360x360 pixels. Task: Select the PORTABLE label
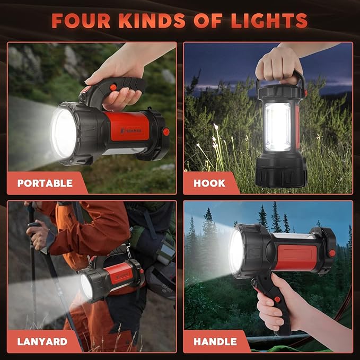tap(45, 183)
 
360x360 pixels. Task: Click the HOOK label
tap(209, 183)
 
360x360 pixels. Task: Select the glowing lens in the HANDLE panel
tap(236, 251)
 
